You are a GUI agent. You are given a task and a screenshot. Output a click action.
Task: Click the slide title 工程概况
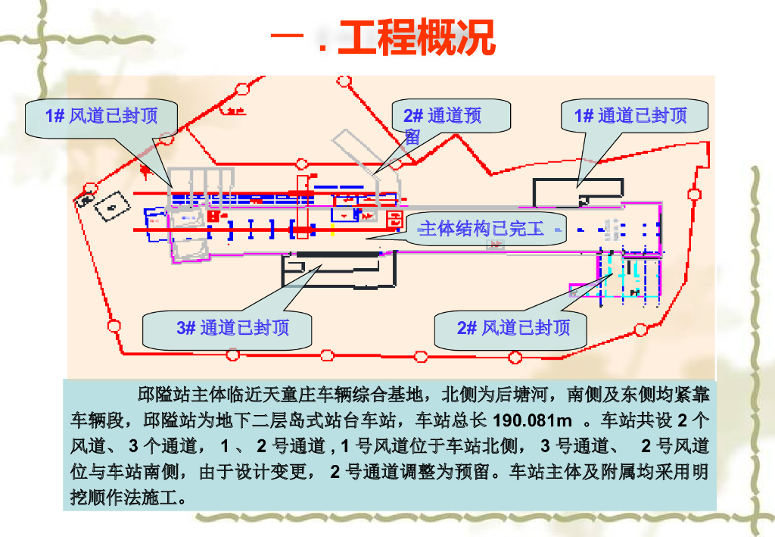click(x=416, y=38)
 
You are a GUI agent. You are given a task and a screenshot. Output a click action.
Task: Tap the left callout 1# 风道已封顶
click(x=101, y=116)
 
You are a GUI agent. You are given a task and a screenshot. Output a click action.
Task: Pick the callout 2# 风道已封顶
click(x=513, y=328)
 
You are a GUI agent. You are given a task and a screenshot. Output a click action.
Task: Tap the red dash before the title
click(x=285, y=37)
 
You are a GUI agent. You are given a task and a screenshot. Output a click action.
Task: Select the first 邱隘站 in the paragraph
click(x=163, y=395)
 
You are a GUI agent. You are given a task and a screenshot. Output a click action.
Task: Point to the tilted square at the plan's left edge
click(x=110, y=205)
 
